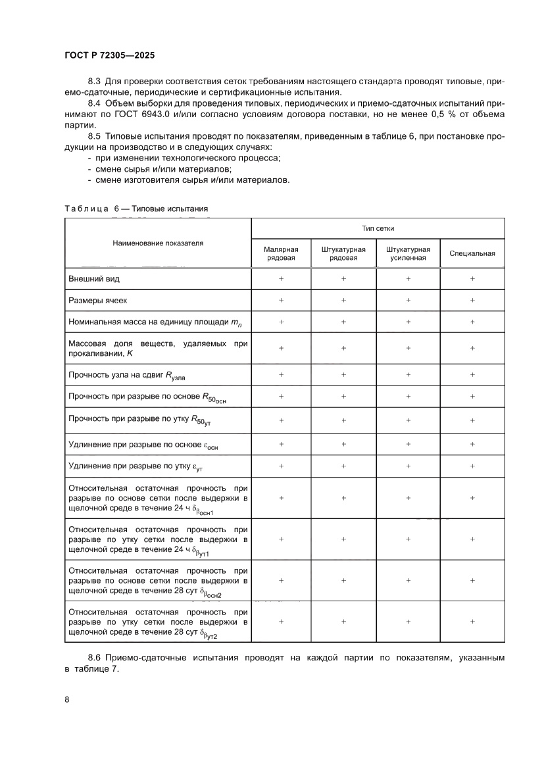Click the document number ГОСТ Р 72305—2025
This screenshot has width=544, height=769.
109,56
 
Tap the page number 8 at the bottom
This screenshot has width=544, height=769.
67,699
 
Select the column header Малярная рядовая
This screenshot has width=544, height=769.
281,253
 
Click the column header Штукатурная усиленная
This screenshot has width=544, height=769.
408,253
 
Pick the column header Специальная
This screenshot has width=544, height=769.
472,253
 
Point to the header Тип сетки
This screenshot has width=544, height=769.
378,228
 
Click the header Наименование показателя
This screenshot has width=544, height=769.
158,243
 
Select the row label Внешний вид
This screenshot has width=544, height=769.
94,279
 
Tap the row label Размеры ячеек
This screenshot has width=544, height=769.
99,300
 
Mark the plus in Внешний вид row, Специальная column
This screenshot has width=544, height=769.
472,279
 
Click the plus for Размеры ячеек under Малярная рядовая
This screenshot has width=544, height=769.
281,300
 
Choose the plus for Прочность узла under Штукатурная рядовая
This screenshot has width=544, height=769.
343,374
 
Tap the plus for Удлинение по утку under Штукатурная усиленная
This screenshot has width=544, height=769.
408,465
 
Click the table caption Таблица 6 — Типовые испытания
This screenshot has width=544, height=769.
137,209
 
